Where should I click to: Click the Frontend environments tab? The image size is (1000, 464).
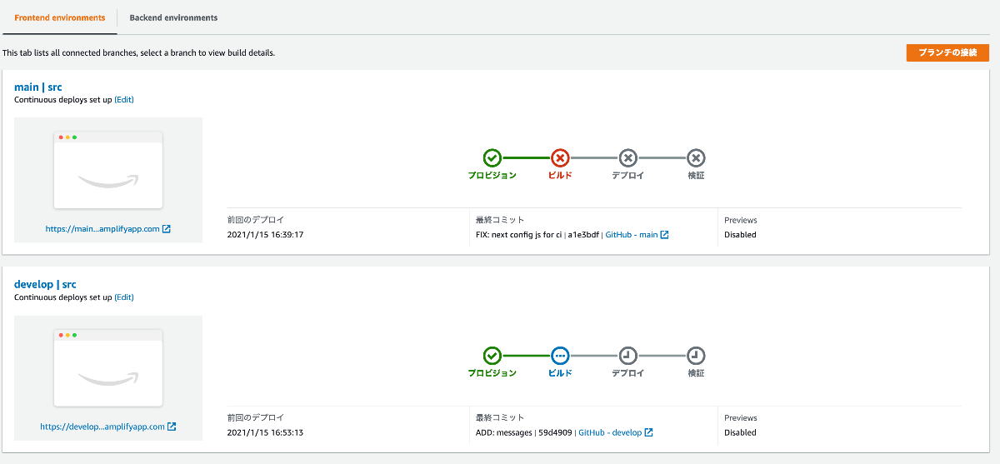click(60, 17)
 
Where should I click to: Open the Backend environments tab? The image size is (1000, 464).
click(173, 17)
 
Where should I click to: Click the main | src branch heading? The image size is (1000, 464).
click(38, 87)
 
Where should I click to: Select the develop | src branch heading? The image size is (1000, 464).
click(45, 284)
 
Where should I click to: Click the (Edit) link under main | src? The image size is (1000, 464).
click(124, 100)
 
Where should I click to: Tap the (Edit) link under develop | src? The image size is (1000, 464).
click(124, 297)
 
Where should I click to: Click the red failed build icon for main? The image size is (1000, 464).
click(560, 157)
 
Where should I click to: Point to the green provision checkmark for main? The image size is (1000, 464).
click(492, 157)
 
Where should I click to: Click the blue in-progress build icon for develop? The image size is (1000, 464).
click(560, 356)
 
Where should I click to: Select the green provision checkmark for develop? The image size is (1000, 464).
click(492, 356)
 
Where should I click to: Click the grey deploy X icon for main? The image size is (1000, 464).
click(628, 157)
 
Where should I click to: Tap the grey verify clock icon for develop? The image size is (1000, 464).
click(696, 356)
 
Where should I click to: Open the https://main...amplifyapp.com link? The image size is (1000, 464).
click(107, 229)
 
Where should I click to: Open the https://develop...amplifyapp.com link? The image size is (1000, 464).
click(107, 427)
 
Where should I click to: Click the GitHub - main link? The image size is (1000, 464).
click(637, 235)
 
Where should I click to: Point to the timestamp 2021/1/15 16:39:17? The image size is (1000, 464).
click(265, 235)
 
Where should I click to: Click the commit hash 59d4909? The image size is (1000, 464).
click(556, 432)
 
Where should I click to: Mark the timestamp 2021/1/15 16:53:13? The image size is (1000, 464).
click(265, 432)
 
